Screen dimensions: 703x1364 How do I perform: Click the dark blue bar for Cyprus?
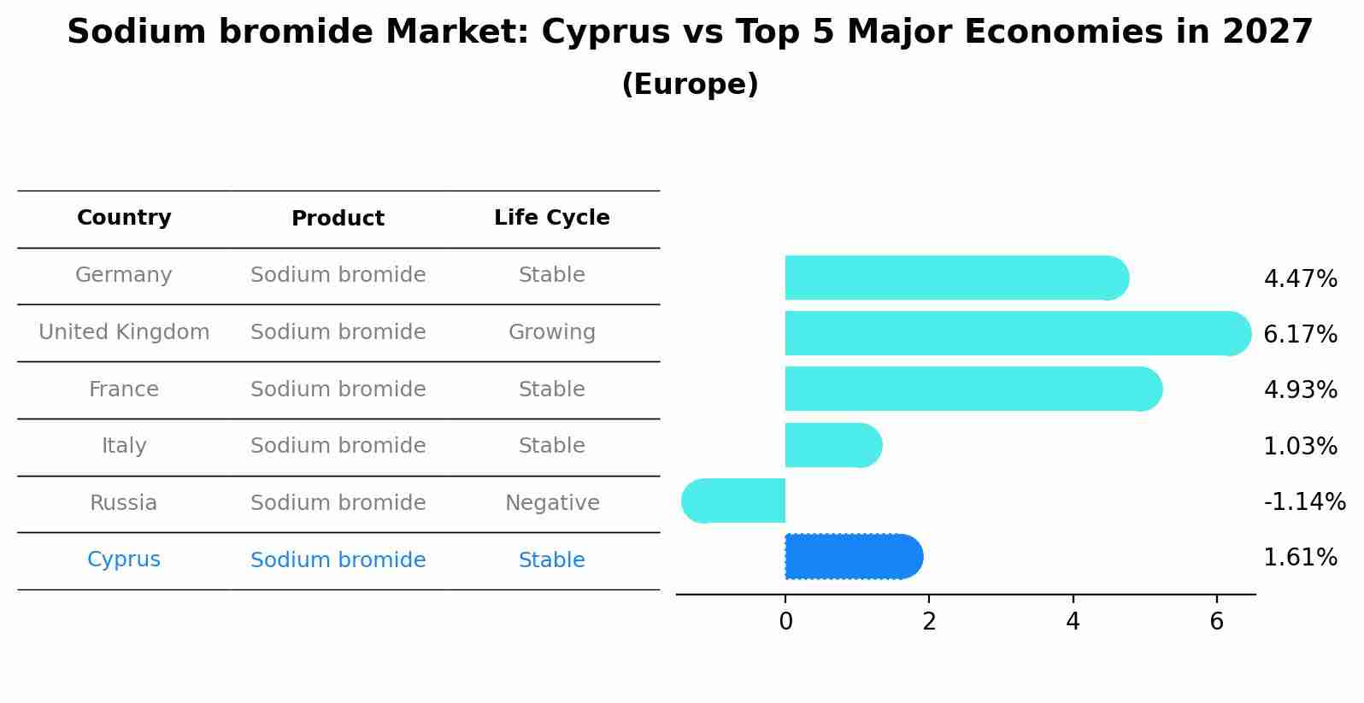click(x=853, y=556)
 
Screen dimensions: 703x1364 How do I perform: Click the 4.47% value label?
click(x=1300, y=278)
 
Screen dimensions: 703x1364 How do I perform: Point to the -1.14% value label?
click(x=1304, y=501)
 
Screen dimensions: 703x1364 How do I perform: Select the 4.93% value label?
click(x=1300, y=390)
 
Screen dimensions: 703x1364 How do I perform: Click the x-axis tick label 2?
click(x=929, y=622)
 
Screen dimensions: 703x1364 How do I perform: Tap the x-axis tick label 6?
click(x=1216, y=622)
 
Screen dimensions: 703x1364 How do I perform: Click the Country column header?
click(x=124, y=218)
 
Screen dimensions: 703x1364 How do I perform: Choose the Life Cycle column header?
click(x=551, y=218)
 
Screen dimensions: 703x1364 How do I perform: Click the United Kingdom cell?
click(x=124, y=332)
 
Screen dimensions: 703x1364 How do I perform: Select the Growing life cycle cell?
click(x=551, y=332)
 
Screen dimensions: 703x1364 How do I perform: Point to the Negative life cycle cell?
click(x=551, y=503)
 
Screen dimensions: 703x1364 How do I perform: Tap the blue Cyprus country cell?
click(x=124, y=559)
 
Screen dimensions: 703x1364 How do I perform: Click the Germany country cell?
click(x=124, y=275)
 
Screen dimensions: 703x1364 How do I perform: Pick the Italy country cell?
click(x=124, y=446)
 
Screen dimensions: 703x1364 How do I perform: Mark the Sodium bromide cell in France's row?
click(x=338, y=390)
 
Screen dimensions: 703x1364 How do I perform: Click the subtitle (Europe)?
click(x=690, y=85)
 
